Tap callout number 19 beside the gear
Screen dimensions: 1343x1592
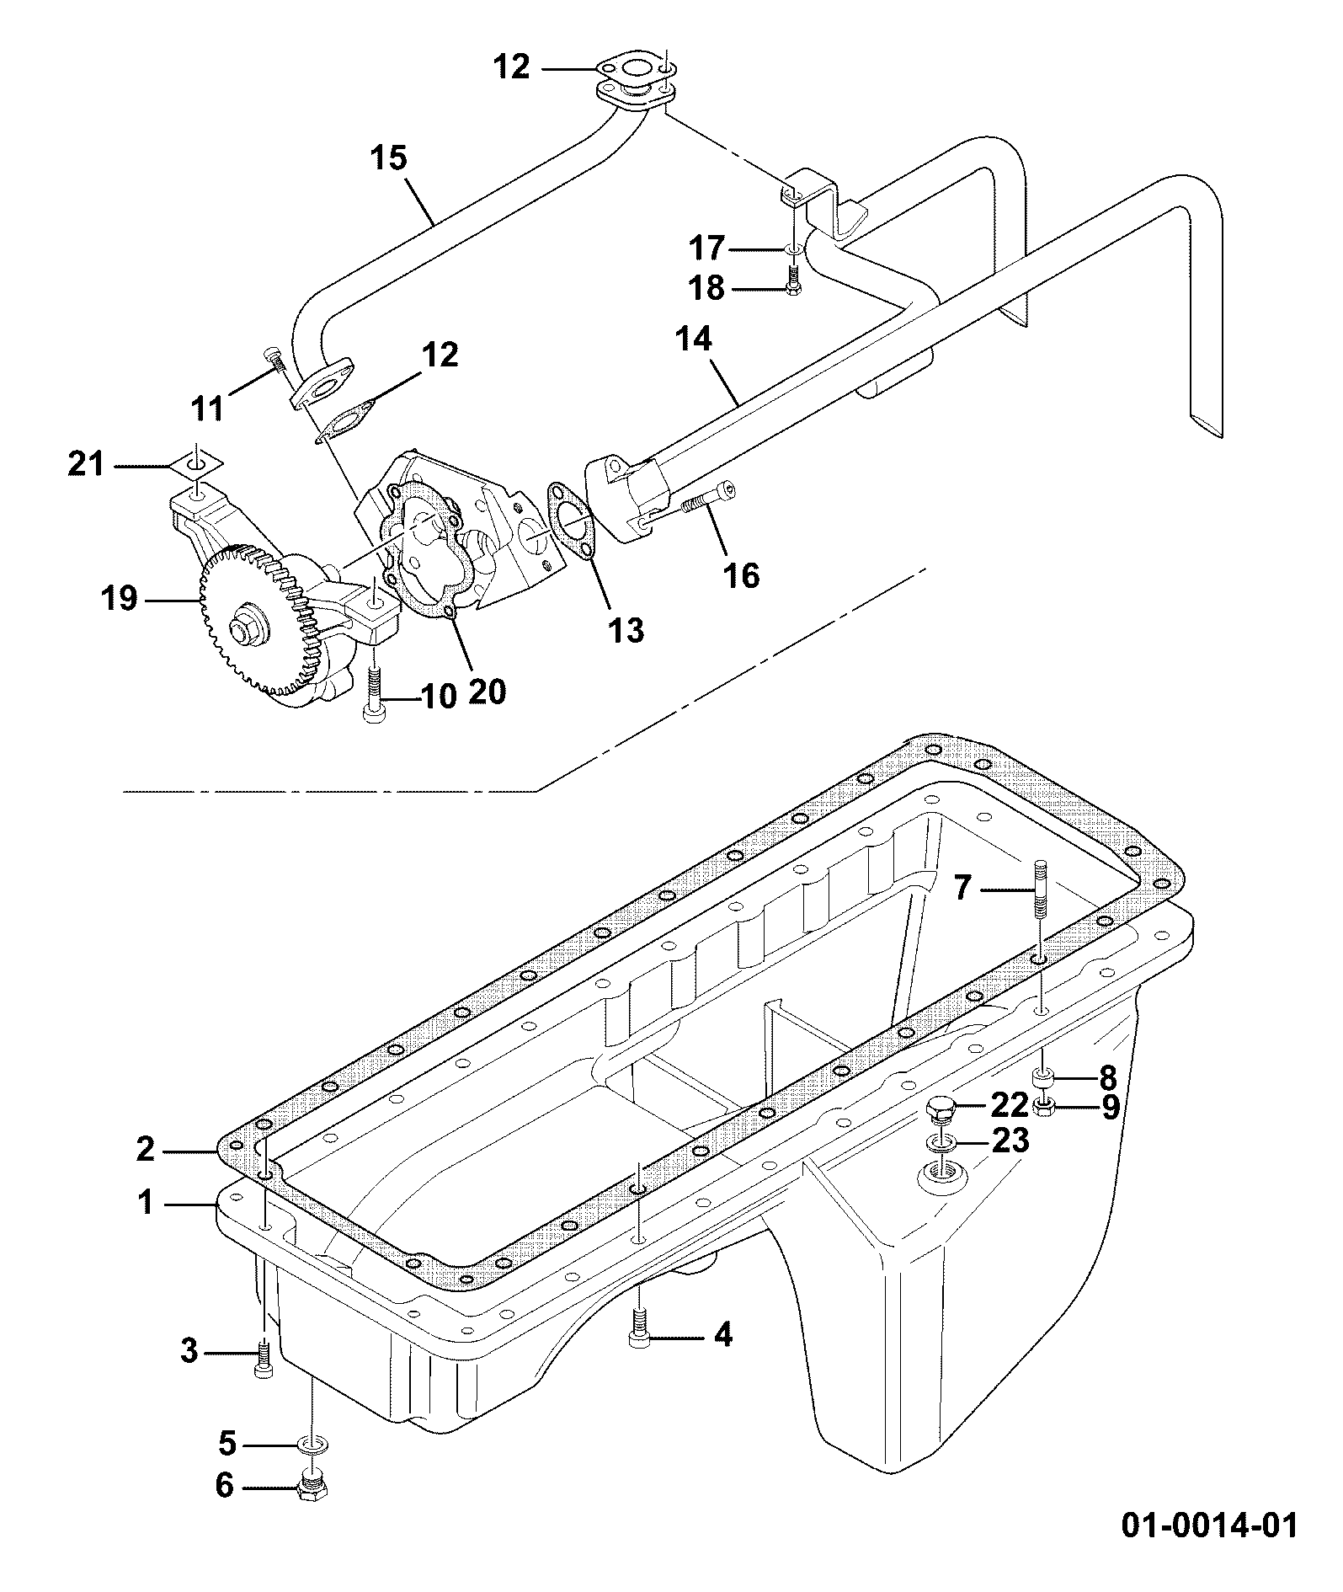tap(118, 599)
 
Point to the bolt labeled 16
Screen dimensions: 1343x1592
tap(705, 502)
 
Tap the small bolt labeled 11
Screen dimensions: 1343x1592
tap(276, 361)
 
